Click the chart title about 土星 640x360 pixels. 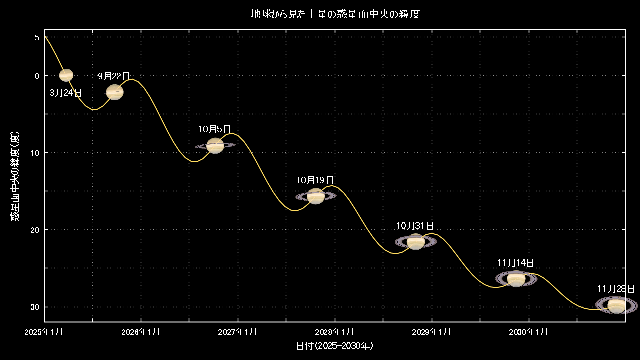coord(335,14)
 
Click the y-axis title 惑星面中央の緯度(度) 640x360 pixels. coord(15,176)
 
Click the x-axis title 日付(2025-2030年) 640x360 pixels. coord(335,346)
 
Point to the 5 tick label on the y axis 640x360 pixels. coord(37,37)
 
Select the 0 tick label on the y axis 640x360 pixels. coord(37,76)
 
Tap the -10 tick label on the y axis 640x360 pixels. coord(33,153)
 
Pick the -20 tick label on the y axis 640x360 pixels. coord(33,229)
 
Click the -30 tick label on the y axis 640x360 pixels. coord(33,307)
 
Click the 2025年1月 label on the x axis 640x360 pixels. coord(43,332)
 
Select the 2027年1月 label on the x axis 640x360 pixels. coord(237,332)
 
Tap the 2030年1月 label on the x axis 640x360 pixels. coord(528,332)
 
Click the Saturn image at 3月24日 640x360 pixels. coord(66,75)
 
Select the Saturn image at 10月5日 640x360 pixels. coord(215,145)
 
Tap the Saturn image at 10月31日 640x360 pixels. coord(416,242)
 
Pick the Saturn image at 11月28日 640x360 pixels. coord(617,305)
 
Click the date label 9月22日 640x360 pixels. coord(114,76)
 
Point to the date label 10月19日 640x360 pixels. coord(315,180)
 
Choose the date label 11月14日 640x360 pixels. coord(515,263)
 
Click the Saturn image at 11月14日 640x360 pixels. coord(516,279)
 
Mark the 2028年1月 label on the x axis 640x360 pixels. coord(334,332)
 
